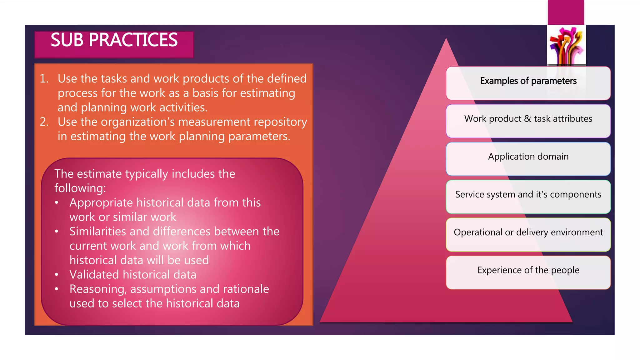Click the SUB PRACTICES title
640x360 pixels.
[114, 40]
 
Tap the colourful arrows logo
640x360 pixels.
[566, 45]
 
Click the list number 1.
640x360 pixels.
[44, 79]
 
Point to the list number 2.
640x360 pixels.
[44, 122]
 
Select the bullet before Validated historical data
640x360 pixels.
[57, 275]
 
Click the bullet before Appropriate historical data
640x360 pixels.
[57, 202]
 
